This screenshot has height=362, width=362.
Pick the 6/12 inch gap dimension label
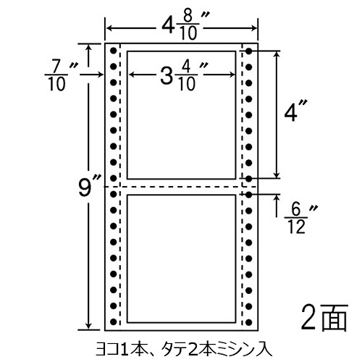(301, 219)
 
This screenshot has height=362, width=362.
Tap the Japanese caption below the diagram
(184, 350)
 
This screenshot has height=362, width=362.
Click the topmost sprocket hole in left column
(113, 51)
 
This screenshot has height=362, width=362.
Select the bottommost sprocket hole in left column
(113, 321)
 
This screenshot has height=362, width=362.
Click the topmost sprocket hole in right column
(249, 51)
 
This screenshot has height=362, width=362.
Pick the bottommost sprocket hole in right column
(249, 321)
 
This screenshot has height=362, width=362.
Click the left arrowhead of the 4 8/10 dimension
(109, 28)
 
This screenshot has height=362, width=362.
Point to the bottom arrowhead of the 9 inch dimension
(89, 326)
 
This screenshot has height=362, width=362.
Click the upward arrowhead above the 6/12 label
(277, 198)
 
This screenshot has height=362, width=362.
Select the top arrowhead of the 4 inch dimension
(277, 55)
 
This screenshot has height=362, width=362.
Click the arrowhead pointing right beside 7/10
(101, 75)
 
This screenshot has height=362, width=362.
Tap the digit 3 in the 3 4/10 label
(167, 75)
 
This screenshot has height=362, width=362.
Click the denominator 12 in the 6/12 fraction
(297, 227)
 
